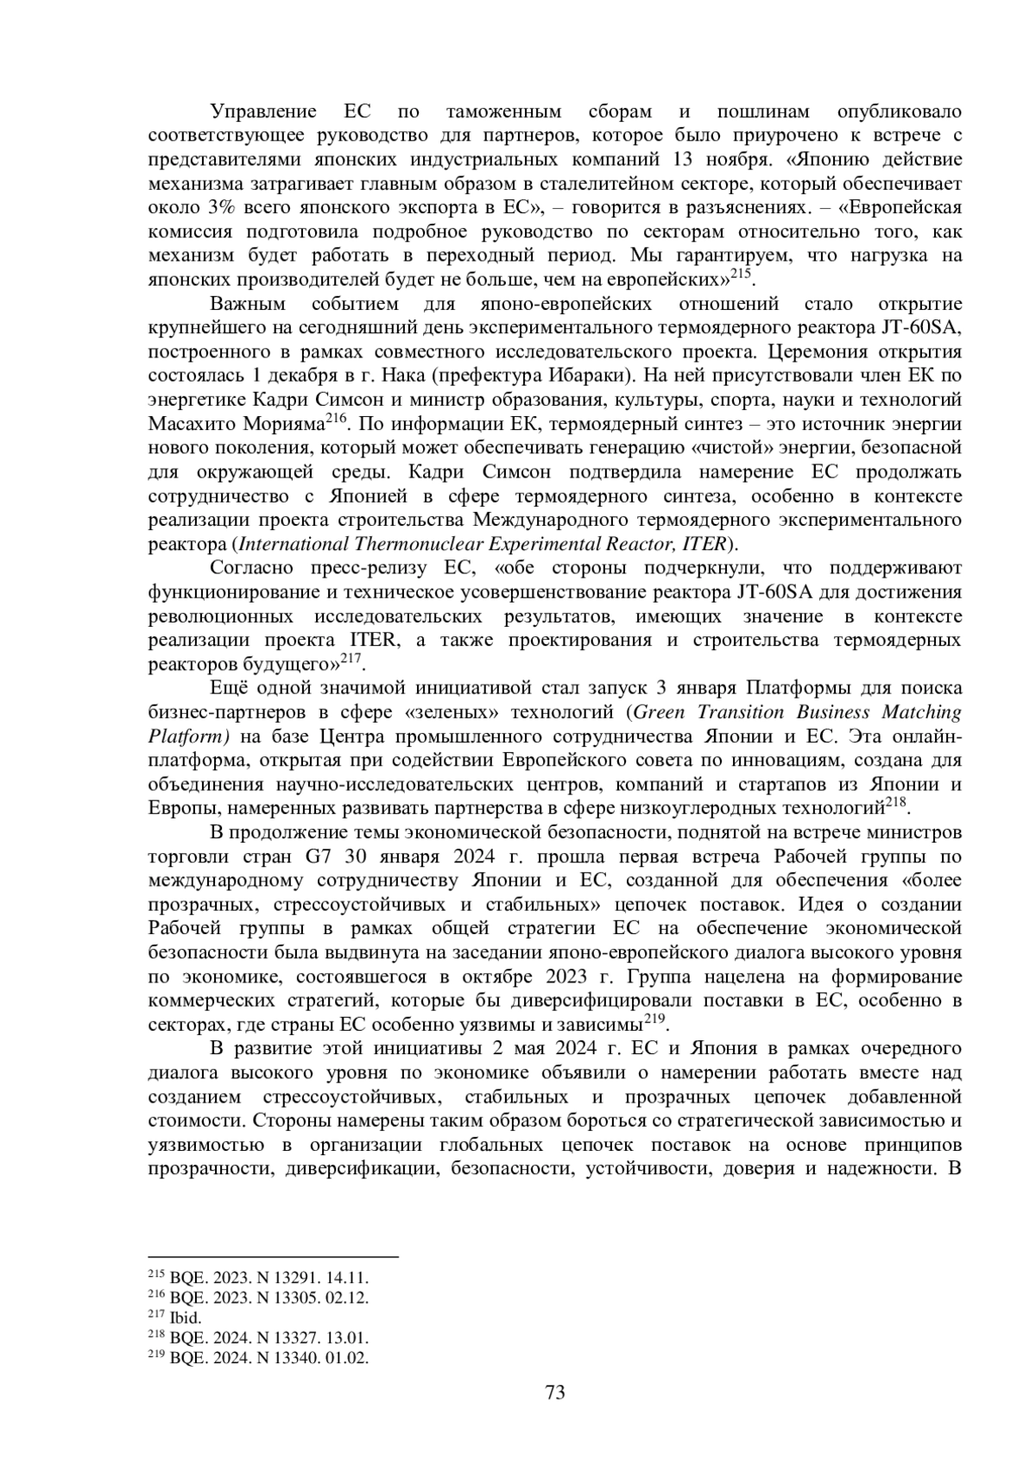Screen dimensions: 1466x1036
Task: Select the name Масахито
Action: [192, 424]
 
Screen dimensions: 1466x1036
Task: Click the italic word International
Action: [292, 544]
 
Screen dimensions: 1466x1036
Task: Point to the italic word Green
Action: [664, 712]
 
